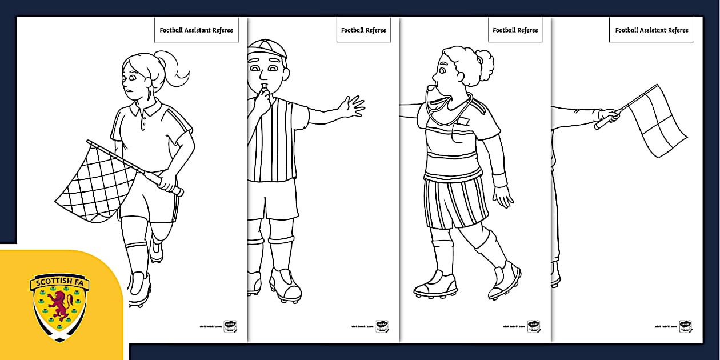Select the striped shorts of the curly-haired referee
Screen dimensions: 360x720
coord(455,202)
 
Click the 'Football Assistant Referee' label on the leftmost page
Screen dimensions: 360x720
coord(196,30)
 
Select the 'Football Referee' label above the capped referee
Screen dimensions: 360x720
coord(363,30)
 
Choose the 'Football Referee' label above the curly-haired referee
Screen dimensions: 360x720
coord(515,30)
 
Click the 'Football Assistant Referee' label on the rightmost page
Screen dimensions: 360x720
coord(651,30)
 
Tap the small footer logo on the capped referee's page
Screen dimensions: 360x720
coord(382,326)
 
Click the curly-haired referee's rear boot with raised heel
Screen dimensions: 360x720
coord(503,280)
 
